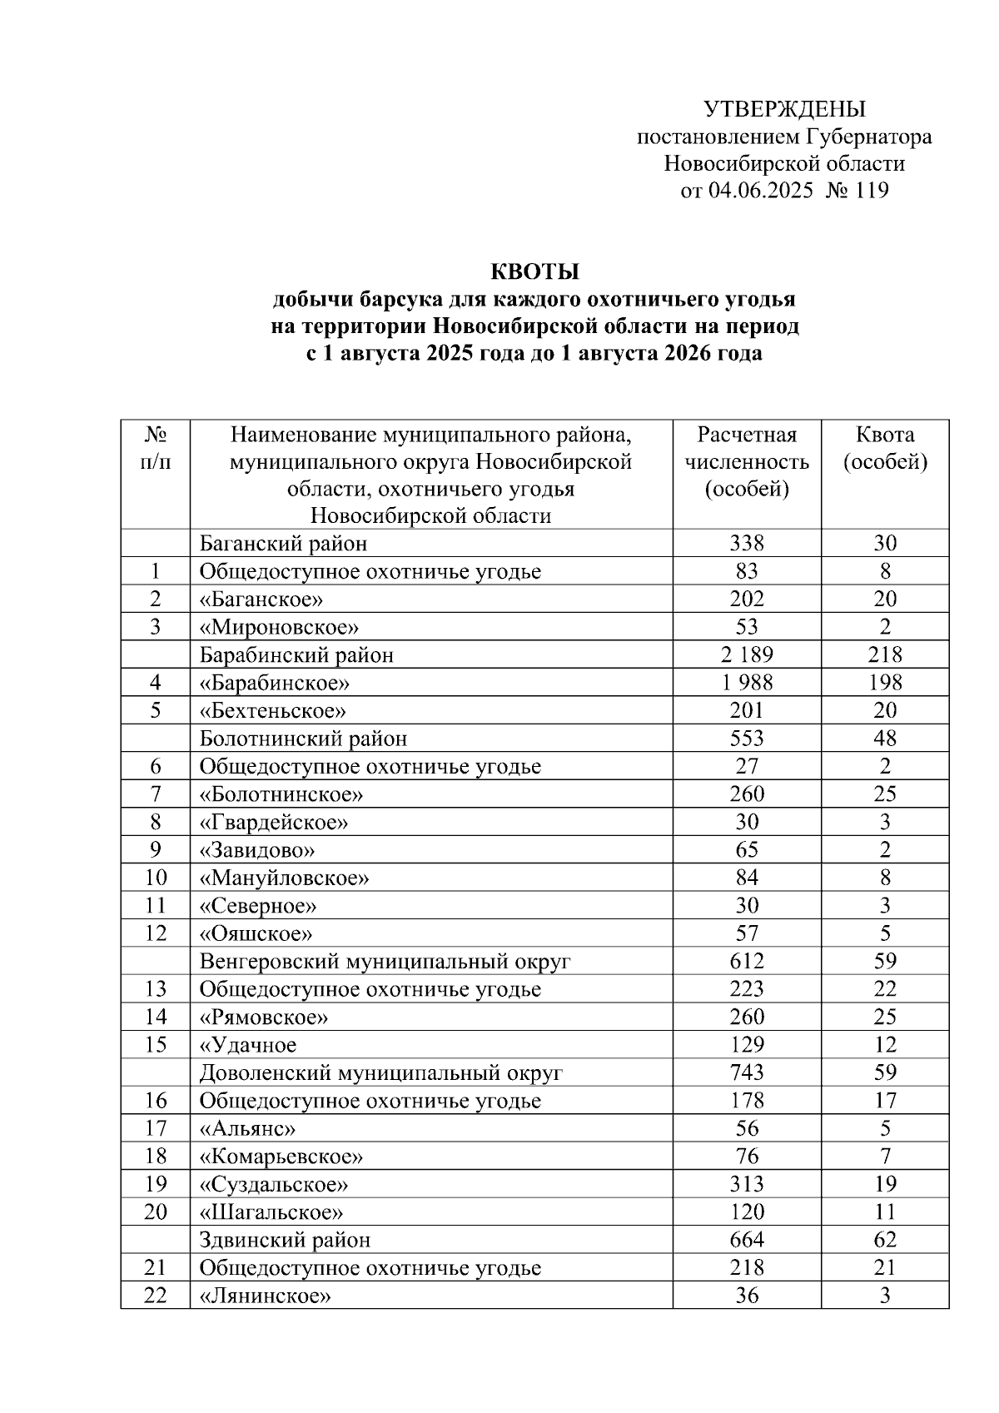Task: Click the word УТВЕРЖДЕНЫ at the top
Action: click(x=784, y=109)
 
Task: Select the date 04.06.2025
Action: click(x=761, y=191)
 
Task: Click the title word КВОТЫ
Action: click(x=534, y=272)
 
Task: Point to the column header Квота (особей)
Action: click(x=885, y=448)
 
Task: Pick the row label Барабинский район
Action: click(x=296, y=655)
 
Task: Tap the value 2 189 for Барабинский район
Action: click(x=747, y=655)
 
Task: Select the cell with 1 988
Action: click(x=747, y=683)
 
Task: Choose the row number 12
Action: click(x=156, y=933)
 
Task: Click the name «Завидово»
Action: click(x=256, y=850)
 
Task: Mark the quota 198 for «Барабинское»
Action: click(x=885, y=683)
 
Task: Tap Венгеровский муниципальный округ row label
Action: click(x=385, y=962)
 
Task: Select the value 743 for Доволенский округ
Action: click(x=747, y=1072)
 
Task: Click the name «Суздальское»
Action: click(x=273, y=1184)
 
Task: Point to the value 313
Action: click(x=747, y=1184)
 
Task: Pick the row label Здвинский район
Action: click(x=285, y=1240)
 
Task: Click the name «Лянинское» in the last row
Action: click(x=265, y=1296)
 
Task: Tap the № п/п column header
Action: click(x=156, y=448)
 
